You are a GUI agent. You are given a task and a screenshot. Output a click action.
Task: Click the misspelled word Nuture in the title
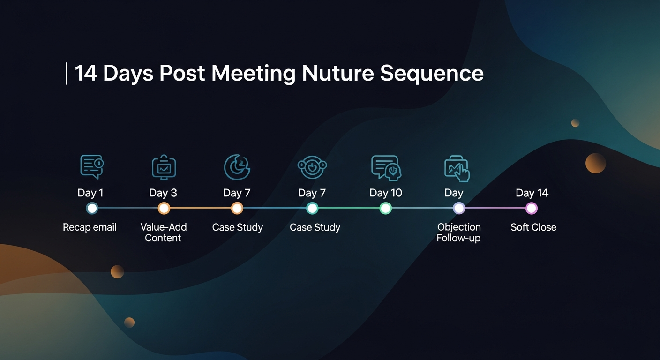tap(337, 74)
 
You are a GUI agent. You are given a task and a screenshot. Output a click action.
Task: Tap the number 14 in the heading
tap(86, 74)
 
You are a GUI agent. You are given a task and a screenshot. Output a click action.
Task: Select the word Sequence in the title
tap(432, 74)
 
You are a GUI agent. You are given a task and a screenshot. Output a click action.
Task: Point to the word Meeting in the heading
tap(253, 74)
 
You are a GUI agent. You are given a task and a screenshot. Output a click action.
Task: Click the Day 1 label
tap(90, 193)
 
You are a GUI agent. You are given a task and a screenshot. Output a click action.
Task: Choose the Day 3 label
tap(163, 193)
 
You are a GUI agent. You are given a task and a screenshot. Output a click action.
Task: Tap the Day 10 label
tap(385, 193)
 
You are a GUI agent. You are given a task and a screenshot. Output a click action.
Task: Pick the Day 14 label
tap(532, 193)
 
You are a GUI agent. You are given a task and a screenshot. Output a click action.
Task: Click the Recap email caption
tap(90, 227)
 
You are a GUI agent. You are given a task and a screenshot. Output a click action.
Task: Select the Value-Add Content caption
tap(164, 232)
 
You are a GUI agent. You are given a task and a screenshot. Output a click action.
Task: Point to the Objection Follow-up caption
tap(459, 232)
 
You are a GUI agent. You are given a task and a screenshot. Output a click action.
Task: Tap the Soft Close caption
tap(533, 227)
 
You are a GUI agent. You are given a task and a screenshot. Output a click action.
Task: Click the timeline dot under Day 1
tap(92, 208)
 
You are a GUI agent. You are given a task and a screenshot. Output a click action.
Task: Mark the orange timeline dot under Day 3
tap(164, 208)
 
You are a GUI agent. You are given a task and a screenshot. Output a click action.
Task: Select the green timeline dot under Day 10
tap(385, 208)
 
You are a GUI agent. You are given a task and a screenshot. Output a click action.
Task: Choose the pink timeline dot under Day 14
tap(531, 208)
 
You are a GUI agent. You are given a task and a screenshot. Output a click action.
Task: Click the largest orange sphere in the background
tap(596, 163)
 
